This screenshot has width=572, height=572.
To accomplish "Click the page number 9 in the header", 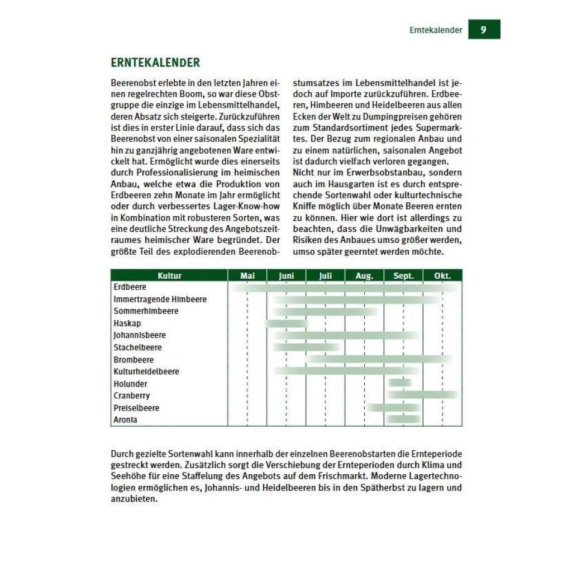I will [484, 30].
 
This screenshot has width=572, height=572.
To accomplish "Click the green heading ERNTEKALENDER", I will [155, 63].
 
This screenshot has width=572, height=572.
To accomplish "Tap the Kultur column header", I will [169, 275].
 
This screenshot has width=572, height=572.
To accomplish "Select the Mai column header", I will [247, 275].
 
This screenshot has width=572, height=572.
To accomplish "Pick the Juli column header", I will [325, 275].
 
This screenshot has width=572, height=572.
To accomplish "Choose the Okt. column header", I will [442, 275].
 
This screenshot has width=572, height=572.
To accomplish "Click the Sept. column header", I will [403, 275].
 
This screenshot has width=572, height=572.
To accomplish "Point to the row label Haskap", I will [127, 323].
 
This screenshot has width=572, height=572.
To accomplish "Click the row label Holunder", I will [131, 384].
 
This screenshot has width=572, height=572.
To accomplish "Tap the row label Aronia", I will [126, 420].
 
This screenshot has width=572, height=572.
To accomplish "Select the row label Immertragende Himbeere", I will [160, 299].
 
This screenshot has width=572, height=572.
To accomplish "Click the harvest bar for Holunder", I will [400, 383].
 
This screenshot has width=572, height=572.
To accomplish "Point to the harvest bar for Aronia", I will [403, 420].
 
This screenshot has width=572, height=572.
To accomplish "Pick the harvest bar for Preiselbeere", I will [393, 408].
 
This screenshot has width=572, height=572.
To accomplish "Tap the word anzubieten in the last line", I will [135, 499].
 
